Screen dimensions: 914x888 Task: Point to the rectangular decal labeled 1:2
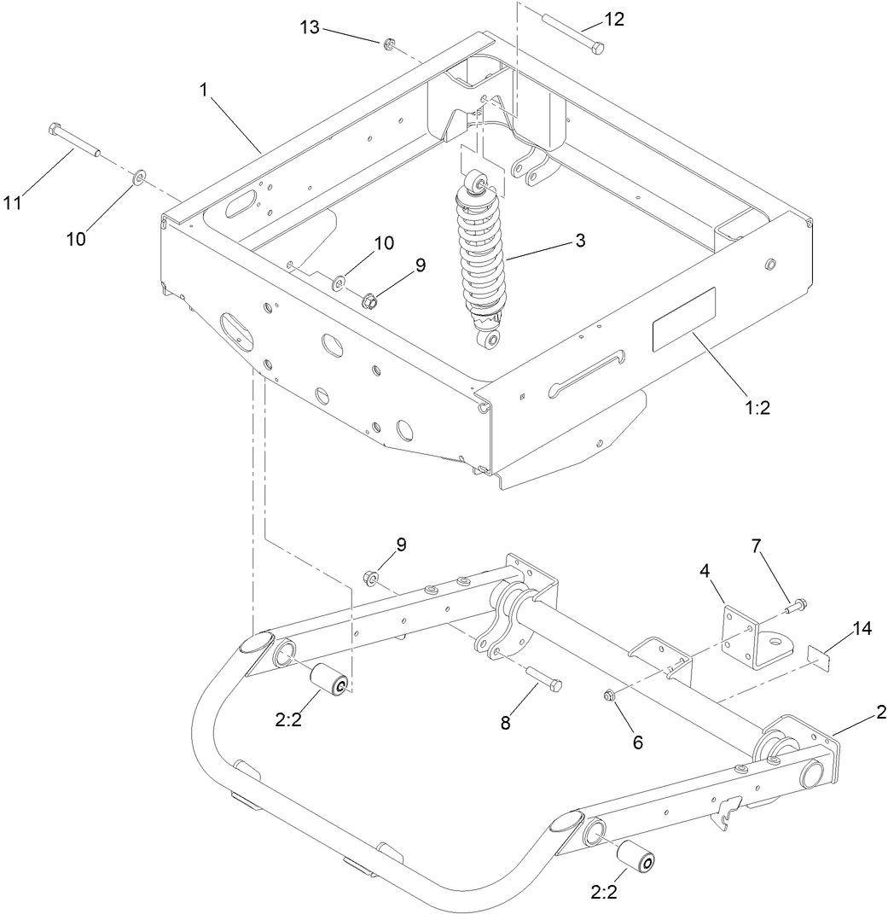point(683,320)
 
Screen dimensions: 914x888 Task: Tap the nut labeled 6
point(612,695)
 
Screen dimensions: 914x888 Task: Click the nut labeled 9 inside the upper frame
point(371,300)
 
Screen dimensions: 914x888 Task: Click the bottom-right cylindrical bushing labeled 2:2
point(636,856)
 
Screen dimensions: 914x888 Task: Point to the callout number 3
point(580,241)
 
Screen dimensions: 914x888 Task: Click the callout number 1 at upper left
point(205,90)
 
